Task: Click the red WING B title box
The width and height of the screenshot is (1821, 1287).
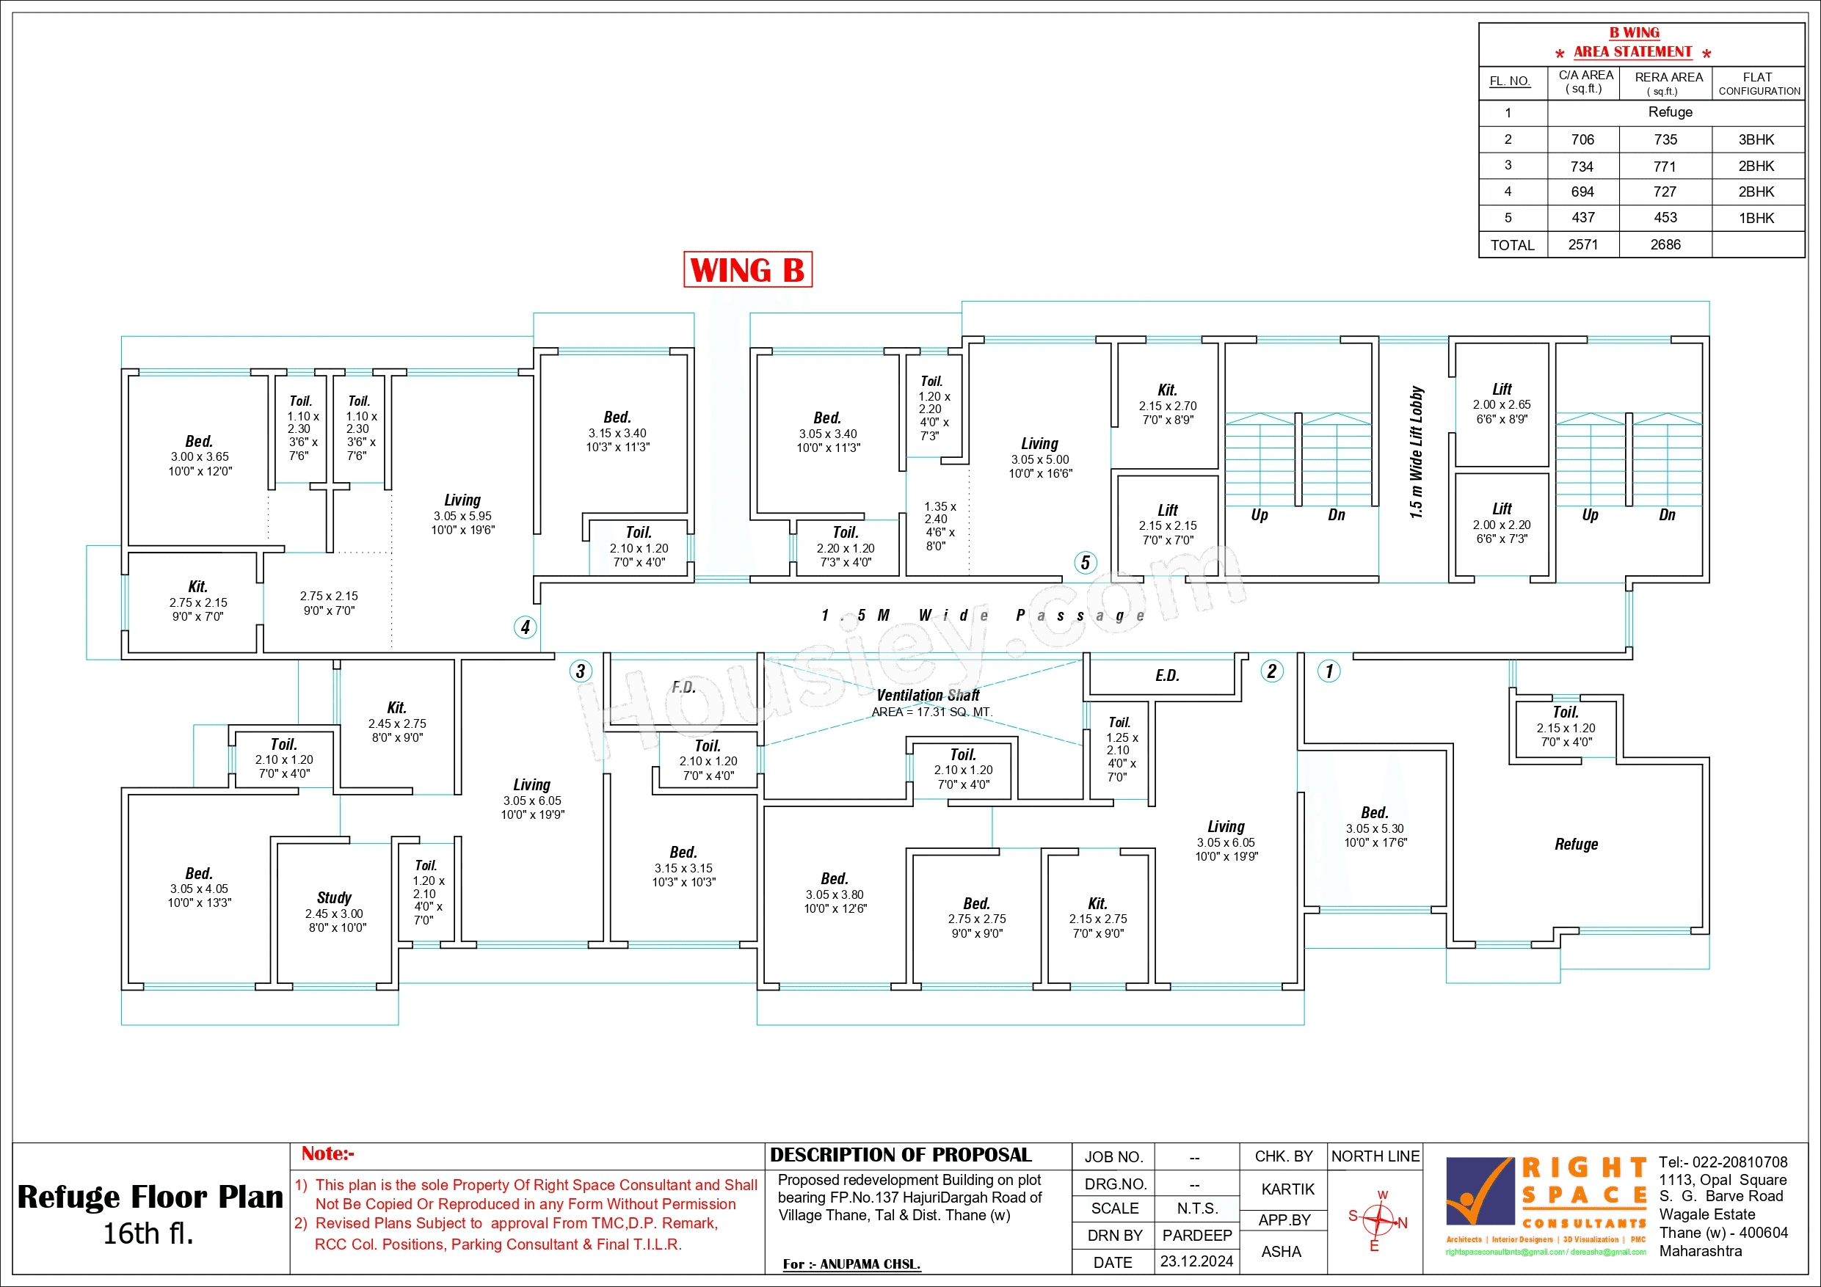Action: tap(747, 269)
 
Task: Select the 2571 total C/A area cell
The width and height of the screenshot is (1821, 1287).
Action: tap(1582, 245)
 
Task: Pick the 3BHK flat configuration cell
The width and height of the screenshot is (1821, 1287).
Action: tap(1756, 139)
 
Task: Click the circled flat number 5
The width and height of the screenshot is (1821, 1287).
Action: tap(1085, 563)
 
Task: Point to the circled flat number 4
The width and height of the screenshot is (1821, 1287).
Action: tap(525, 627)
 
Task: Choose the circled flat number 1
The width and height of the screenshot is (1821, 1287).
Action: tap(1329, 671)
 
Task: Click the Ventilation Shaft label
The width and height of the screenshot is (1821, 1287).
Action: tap(928, 696)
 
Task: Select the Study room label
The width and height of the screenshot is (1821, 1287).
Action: tap(334, 897)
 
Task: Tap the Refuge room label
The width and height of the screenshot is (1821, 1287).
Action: tap(1576, 845)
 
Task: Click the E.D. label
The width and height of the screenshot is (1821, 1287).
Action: tap(1167, 676)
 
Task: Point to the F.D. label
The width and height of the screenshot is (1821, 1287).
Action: tap(683, 688)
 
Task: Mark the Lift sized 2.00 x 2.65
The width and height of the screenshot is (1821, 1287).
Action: tap(1502, 403)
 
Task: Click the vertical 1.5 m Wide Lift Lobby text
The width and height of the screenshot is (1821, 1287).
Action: tap(1417, 453)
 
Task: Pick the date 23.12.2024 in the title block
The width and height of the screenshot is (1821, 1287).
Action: tap(1196, 1261)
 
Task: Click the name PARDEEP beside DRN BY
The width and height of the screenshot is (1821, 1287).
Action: tap(1197, 1236)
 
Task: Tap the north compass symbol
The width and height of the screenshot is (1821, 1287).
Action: tap(1379, 1219)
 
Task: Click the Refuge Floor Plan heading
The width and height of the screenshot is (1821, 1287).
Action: tap(150, 1197)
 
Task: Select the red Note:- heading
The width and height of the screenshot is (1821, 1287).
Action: tap(327, 1153)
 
